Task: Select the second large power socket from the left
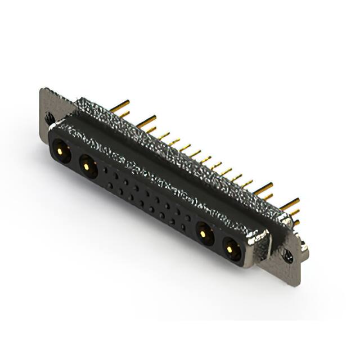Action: click(x=87, y=165)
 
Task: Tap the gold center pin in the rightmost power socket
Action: click(x=231, y=247)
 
